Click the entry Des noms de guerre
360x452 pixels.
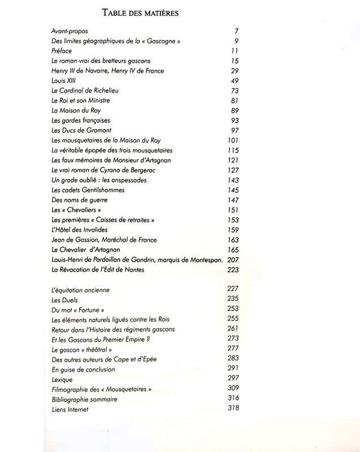[79, 200]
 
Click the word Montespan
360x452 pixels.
[205, 260]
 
